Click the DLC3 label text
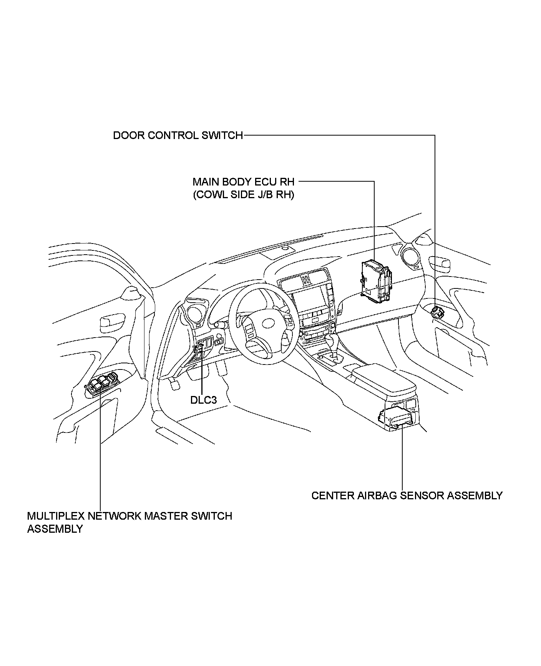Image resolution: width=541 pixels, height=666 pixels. pos(204,400)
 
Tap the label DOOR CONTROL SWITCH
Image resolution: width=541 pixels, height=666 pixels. pos(178,136)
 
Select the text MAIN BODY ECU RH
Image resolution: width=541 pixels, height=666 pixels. pos(244,181)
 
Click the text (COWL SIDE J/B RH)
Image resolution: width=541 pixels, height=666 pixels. pos(244,195)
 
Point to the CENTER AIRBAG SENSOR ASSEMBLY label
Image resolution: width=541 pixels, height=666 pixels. pos(407,495)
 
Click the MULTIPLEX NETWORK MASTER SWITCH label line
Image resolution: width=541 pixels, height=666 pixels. pos(129,516)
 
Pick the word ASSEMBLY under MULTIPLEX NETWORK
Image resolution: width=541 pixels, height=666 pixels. pos(55,529)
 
